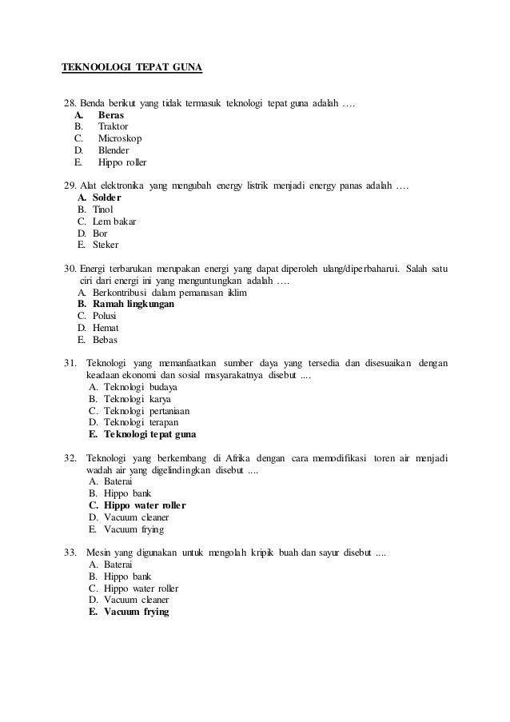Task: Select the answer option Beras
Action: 111,115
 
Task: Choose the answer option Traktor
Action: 113,126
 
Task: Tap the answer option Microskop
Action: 120,138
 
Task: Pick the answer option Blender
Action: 114,150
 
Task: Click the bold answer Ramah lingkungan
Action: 134,305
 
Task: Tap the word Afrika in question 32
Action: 238,458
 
